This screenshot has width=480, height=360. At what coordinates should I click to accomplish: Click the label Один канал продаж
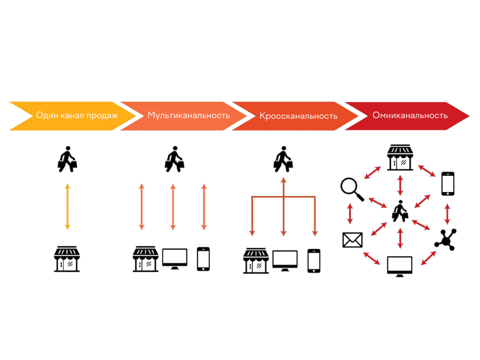[77, 115]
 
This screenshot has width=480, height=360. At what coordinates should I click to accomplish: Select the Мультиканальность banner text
[188, 115]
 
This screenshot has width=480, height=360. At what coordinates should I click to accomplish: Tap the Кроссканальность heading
[298, 116]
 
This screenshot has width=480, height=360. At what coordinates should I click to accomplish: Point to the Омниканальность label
[410, 115]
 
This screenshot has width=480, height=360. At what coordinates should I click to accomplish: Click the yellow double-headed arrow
[68, 206]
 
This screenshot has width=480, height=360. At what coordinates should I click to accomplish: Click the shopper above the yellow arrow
[67, 159]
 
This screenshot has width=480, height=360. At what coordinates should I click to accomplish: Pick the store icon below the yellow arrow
[67, 259]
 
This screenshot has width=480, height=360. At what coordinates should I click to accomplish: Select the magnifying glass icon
[352, 190]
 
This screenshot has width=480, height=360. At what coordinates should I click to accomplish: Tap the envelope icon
[352, 239]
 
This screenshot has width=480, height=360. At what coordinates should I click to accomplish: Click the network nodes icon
[446, 239]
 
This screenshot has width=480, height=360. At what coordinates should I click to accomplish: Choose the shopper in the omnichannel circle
[400, 211]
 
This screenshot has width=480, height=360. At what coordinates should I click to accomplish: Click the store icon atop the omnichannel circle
[400, 157]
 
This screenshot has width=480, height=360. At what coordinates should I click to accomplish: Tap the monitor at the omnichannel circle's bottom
[400, 266]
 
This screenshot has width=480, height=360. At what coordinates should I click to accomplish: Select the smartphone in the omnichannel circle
[448, 184]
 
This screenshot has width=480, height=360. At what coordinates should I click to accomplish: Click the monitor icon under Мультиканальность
[175, 259]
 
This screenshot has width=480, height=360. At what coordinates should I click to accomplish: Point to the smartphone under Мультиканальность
[203, 259]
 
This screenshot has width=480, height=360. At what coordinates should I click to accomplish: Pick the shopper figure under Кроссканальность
[283, 159]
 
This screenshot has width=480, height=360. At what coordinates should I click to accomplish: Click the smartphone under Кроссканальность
[314, 261]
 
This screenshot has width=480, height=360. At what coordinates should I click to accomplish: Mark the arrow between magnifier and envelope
[350, 214]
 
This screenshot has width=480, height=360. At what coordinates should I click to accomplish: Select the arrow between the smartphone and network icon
[448, 214]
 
